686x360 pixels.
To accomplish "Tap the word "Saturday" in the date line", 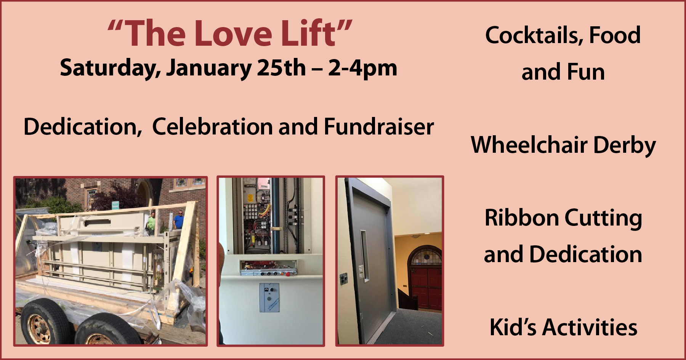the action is pos(110,69).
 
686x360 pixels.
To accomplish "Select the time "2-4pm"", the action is pos(362,69).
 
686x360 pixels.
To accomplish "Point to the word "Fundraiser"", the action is pos(379,126).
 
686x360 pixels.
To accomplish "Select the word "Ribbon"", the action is pos(522,218).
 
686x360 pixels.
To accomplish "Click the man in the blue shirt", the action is pos(178,220).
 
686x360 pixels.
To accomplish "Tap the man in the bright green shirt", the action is pos(152,221).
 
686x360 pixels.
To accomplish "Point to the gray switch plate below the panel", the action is pos(269,298).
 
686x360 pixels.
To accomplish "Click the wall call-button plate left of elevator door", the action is pos(344,279).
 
